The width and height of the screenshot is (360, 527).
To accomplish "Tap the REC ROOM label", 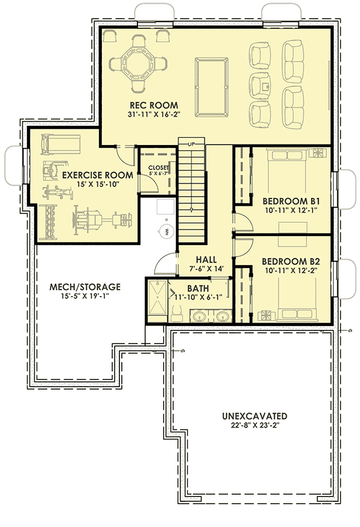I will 147,105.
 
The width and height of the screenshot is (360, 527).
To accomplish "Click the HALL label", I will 206,258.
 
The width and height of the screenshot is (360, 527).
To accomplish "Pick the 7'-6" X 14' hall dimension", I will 206,269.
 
